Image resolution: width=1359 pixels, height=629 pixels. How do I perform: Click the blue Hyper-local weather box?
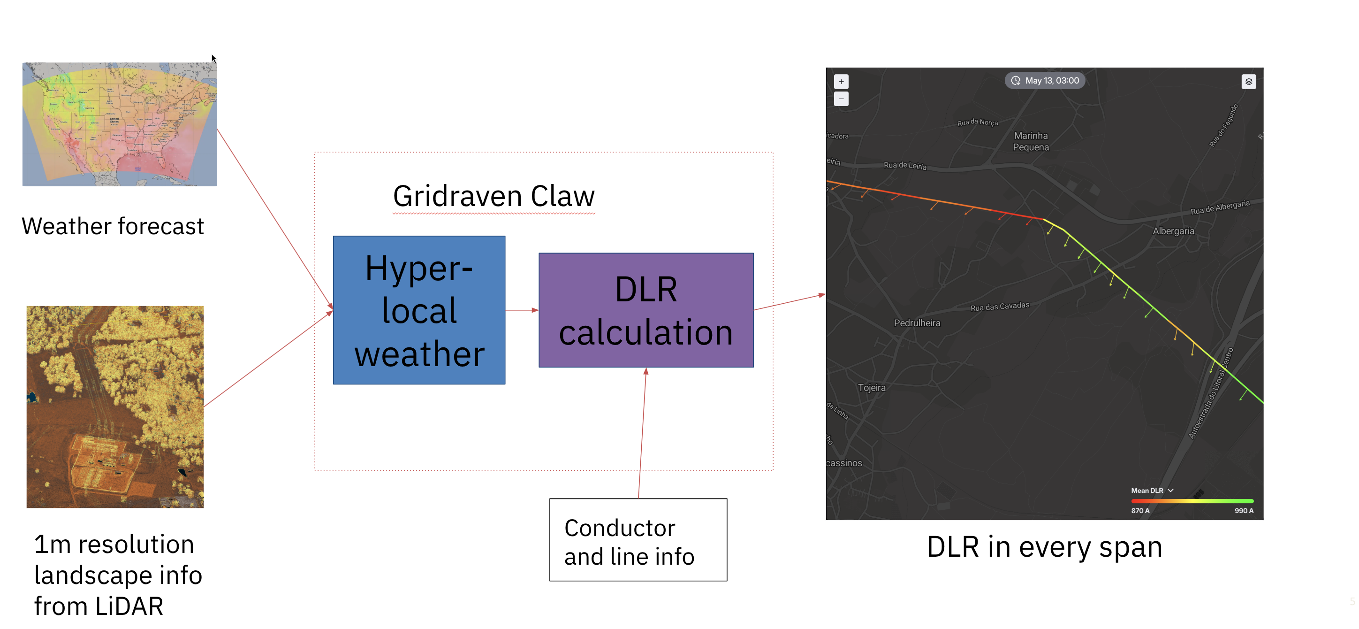point(419,310)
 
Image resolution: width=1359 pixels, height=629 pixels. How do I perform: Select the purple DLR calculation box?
point(646,310)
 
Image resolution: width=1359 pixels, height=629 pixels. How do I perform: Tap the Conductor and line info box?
point(638,540)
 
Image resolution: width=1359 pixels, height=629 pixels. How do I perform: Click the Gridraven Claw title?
point(493,196)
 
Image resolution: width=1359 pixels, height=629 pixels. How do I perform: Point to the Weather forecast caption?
point(113,226)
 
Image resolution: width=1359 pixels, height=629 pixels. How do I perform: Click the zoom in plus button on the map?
point(841,82)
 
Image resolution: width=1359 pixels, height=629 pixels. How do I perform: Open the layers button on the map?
point(1248,82)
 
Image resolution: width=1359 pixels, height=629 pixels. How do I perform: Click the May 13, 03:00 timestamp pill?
point(1045,81)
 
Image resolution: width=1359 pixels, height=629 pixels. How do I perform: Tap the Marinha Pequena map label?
point(1030,141)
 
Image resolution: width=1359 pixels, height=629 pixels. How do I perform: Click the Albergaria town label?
point(1173,231)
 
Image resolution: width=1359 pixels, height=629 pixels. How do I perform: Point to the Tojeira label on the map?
point(872,388)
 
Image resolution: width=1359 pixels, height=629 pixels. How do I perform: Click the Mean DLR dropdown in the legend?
point(1152,490)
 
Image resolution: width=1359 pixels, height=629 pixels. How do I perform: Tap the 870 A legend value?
point(1139,511)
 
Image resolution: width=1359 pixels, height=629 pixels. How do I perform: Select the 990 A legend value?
point(1244,511)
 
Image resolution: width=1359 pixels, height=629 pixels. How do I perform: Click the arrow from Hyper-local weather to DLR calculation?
point(521,310)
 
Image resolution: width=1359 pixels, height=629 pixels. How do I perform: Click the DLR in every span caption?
point(1044,547)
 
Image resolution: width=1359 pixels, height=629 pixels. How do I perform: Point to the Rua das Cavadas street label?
point(999,307)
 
